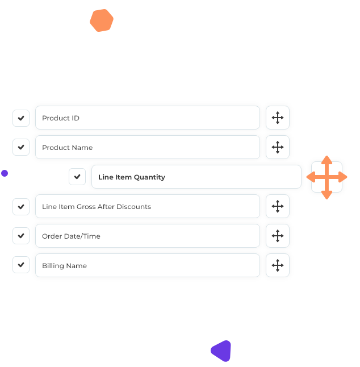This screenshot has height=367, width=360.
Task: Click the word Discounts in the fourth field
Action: coord(133,207)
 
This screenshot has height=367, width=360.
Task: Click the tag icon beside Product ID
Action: coord(22,118)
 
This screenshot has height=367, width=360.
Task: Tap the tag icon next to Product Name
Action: coord(22,148)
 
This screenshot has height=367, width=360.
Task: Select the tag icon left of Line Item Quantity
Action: coord(78,177)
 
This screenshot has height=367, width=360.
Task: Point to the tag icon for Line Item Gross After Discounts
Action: coord(22,207)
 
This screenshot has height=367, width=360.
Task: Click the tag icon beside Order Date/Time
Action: coord(22,236)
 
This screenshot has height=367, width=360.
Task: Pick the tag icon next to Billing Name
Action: coord(22,266)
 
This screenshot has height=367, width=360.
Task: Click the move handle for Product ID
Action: coord(278,118)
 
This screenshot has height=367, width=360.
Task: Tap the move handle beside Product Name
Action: coord(278,147)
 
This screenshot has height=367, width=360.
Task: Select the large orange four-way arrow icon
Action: coord(326,177)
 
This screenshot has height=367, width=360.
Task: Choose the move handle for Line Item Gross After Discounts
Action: coord(278,206)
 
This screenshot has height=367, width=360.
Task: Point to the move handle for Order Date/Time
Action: coord(278,236)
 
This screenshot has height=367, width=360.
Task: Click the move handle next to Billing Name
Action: coord(278,265)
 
